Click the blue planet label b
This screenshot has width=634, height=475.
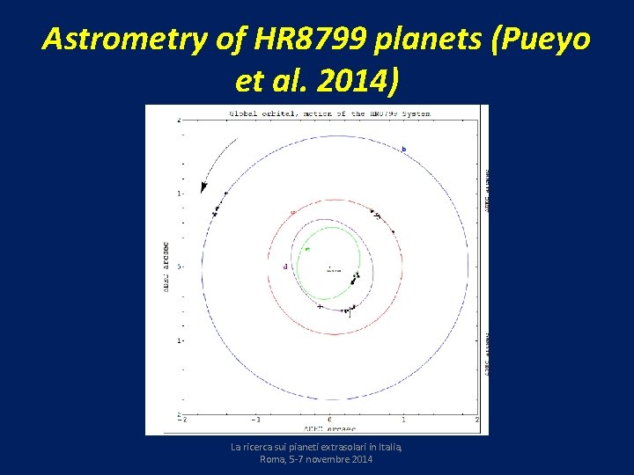point(404,150)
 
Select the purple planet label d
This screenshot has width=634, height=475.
point(284,266)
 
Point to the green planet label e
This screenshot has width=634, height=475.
point(306,249)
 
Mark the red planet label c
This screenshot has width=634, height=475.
point(292,212)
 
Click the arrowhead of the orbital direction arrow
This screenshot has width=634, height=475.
point(204,186)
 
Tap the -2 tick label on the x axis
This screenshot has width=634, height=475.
point(181,420)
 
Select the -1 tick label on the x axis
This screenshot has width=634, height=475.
point(255,420)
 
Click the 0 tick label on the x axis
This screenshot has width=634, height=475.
point(330,420)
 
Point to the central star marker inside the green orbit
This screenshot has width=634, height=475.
point(329,267)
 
